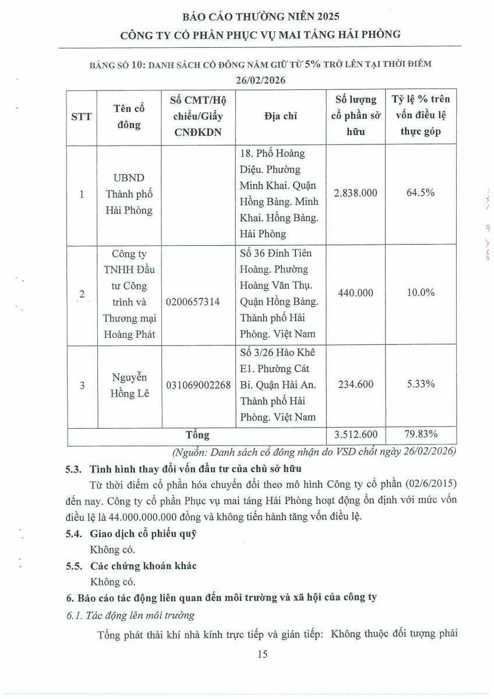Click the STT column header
tap(82, 116)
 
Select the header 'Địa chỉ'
tap(280, 116)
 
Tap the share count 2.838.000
tap(355, 193)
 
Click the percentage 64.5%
tap(420, 193)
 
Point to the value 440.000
tap(355, 293)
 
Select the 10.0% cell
tap(420, 293)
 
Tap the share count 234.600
tap(355, 384)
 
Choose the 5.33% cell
tap(420, 384)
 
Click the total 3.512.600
tap(355, 434)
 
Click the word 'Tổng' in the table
tap(197, 435)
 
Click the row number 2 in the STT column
tap(82, 294)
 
